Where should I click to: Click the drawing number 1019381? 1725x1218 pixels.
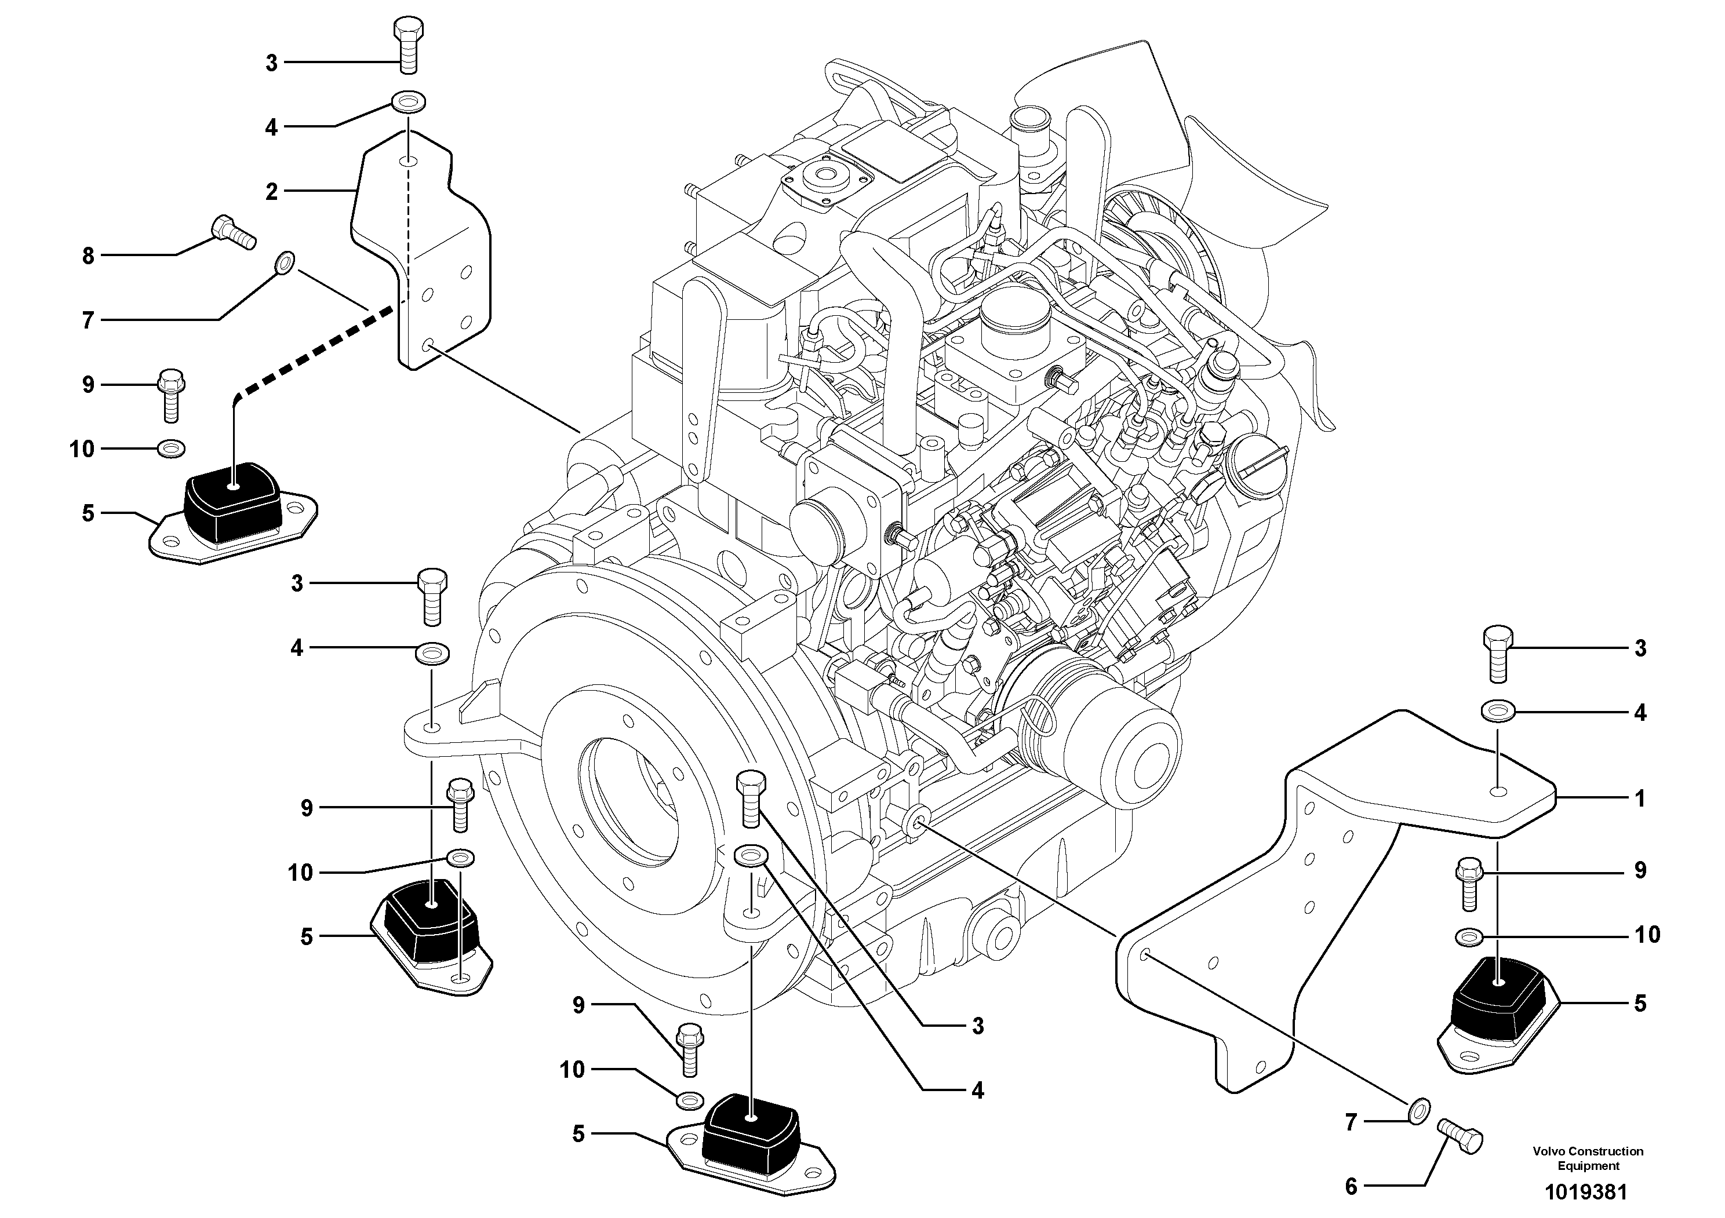click(1585, 1193)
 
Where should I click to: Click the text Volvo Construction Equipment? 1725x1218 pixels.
click(1588, 1158)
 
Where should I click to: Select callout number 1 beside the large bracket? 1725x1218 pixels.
click(1640, 799)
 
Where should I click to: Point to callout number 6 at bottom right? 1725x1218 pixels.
click(1351, 1187)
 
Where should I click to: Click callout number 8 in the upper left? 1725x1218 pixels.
click(88, 256)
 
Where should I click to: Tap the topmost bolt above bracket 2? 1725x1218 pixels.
click(408, 45)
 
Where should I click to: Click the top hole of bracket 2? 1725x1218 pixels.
click(408, 162)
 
